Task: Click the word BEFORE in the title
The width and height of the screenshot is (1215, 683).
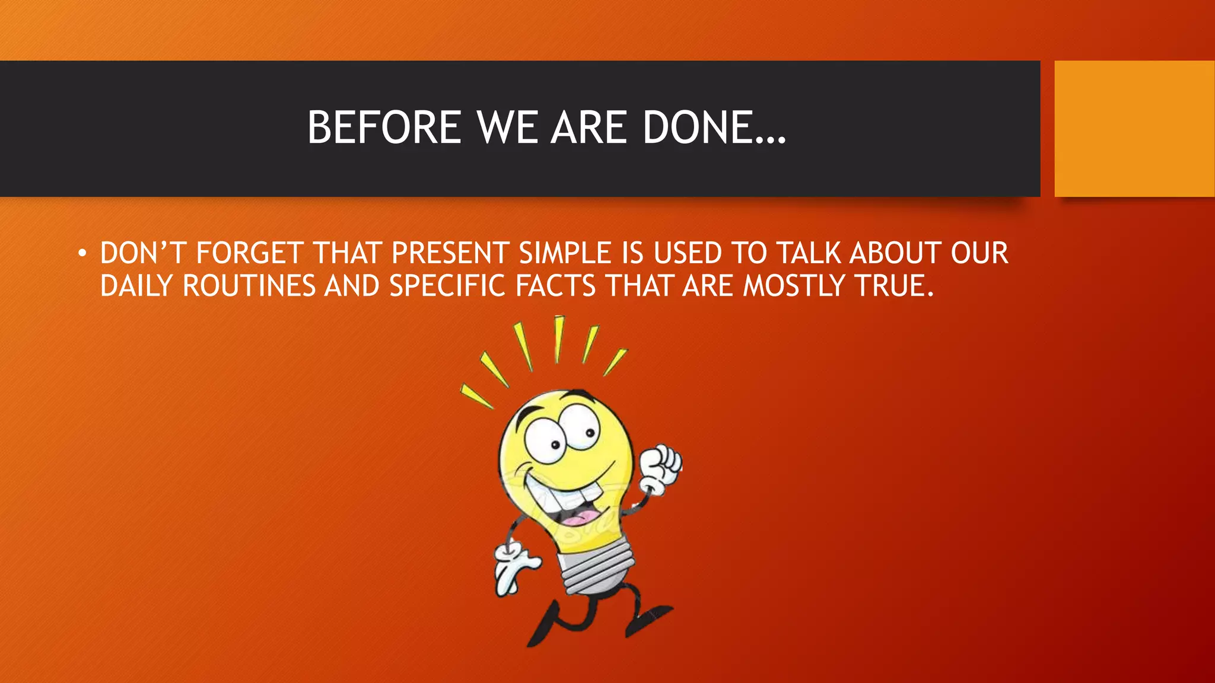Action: pos(384,127)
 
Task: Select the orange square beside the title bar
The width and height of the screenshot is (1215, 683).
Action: pos(1134,129)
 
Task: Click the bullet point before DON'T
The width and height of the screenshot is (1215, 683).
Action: pos(82,254)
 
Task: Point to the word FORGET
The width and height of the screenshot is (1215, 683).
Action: pos(250,253)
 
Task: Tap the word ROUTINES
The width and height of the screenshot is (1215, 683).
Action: pos(249,286)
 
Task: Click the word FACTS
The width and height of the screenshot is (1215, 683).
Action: pos(555,286)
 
